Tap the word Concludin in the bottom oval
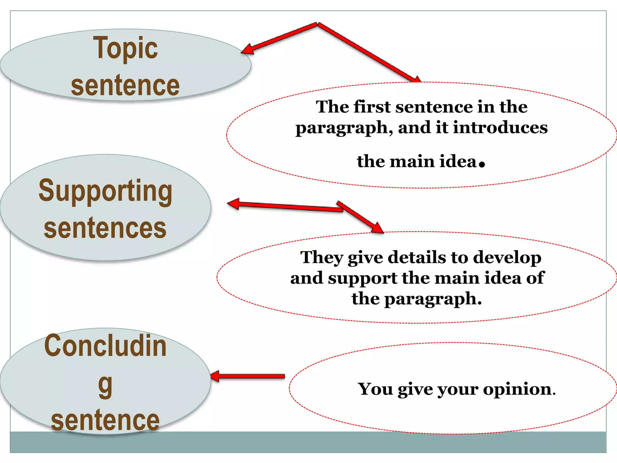point(105,346)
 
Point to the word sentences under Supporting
point(105,228)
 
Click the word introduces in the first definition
point(500,128)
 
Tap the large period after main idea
point(482,164)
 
